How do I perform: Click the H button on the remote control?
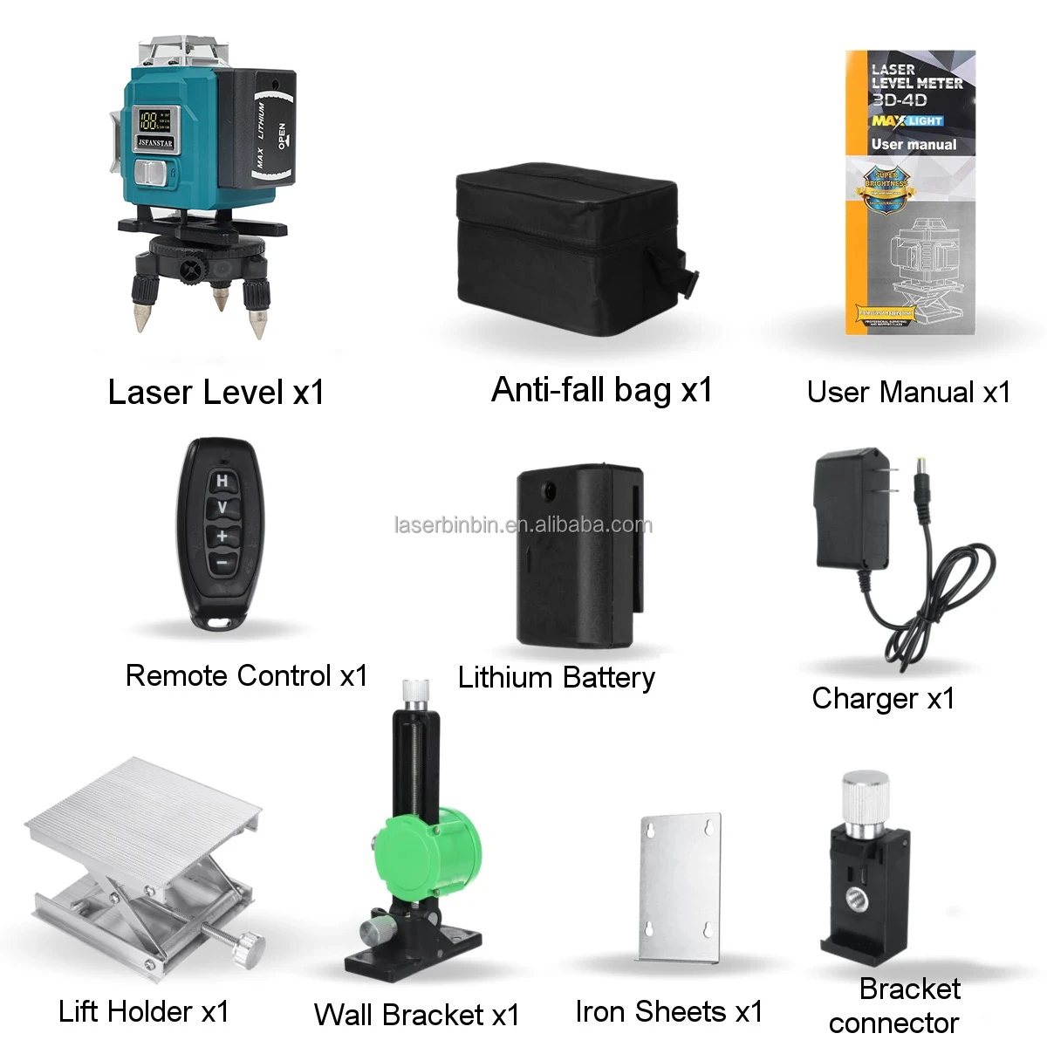pyautogui.click(x=222, y=481)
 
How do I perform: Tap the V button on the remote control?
pyautogui.click(x=222, y=508)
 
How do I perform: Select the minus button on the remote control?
pyautogui.click(x=222, y=563)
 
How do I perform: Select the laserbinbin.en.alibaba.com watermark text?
pyautogui.click(x=523, y=525)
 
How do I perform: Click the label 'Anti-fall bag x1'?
pyautogui.click(x=602, y=390)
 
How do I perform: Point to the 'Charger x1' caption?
pyautogui.click(x=883, y=698)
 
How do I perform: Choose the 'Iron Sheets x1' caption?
pyautogui.click(x=669, y=1011)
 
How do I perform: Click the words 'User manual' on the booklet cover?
pyautogui.click(x=914, y=145)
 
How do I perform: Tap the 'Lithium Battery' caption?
pyautogui.click(x=556, y=677)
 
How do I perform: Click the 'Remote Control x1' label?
pyautogui.click(x=247, y=675)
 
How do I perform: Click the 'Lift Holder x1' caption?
pyautogui.click(x=144, y=1011)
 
